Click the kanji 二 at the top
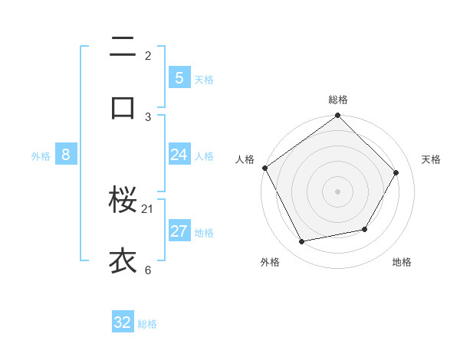[123, 47]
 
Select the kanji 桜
[123, 201]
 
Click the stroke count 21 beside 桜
[148, 208]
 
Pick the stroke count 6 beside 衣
[148, 269]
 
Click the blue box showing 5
[179, 78]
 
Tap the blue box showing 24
[179, 155]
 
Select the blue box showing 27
[179, 231]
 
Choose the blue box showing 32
[123, 322]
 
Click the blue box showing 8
[66, 155]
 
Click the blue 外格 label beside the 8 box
[41, 156]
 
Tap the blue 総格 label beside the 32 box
[147, 324]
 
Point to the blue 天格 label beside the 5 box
[204, 80]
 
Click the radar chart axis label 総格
[337, 100]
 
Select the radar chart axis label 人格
[245, 159]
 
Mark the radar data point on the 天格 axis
[396, 172]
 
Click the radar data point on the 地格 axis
[365, 229]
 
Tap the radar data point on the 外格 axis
[302, 241]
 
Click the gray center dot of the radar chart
[337, 191]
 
